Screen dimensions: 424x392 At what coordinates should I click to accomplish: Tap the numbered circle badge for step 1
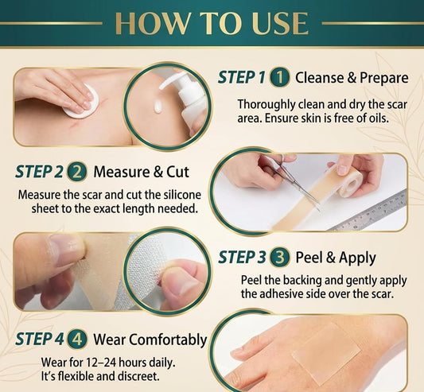[280, 78]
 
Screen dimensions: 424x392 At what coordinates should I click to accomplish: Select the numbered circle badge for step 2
[77, 172]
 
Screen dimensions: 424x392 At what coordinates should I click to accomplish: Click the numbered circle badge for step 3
[280, 257]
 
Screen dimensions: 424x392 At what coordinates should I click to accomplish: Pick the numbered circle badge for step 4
[77, 340]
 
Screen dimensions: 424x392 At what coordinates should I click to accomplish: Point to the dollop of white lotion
[158, 106]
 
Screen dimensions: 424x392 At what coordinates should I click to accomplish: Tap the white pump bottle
[188, 102]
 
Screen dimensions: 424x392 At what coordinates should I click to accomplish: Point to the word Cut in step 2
[177, 172]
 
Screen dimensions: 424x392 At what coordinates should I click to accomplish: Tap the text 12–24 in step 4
[100, 363]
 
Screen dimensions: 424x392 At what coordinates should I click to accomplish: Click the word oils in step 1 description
[379, 118]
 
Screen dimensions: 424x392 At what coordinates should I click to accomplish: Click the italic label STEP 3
[242, 257]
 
